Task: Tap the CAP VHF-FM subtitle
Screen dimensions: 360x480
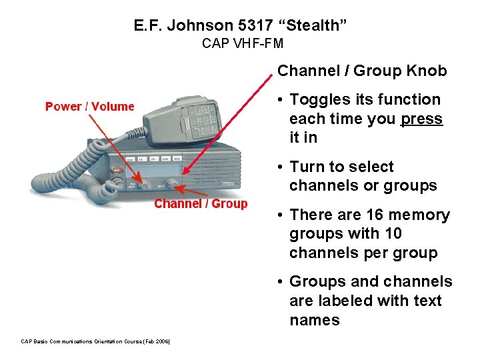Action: click(x=243, y=44)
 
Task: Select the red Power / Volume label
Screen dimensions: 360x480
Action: click(x=89, y=107)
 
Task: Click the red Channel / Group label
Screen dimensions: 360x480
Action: click(x=201, y=204)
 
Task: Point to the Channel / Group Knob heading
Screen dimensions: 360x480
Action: click(x=362, y=71)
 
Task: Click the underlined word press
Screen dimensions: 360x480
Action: click(x=421, y=119)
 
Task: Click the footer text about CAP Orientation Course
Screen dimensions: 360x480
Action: click(x=96, y=342)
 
